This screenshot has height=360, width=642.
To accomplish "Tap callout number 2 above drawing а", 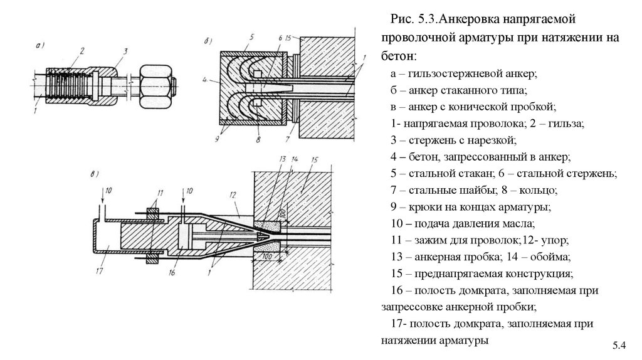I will [x=82, y=50].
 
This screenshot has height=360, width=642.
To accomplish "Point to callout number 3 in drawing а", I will [x=126, y=51].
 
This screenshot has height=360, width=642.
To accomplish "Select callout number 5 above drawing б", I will [x=250, y=37].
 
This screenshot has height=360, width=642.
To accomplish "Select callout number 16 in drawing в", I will [x=171, y=273].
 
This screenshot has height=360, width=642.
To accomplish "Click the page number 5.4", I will [x=619, y=346].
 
